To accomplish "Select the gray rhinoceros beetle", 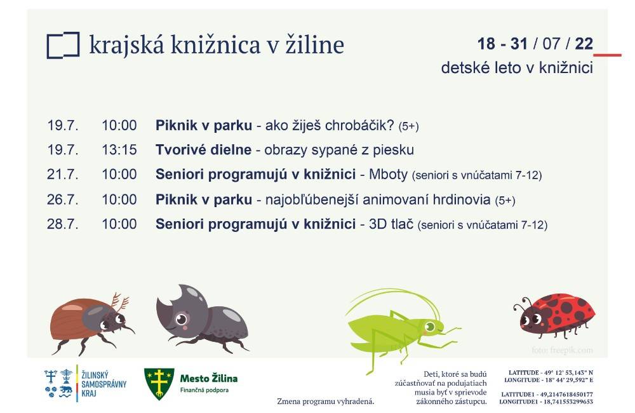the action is (x=201, y=319).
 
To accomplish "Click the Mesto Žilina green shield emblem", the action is (x=159, y=383).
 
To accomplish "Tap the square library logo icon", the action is (x=63, y=45).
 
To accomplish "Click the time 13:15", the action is (x=119, y=150).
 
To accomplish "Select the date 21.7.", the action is (x=63, y=174).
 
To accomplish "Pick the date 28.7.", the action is (x=63, y=224).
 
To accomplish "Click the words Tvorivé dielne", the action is (x=203, y=150).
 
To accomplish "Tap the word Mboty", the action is (x=389, y=174).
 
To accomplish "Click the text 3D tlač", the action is (x=391, y=224).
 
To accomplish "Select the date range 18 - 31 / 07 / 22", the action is (x=535, y=44).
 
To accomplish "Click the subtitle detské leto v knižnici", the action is (x=517, y=68).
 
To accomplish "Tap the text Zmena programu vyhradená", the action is (x=326, y=402).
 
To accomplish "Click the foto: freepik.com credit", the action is (x=563, y=350).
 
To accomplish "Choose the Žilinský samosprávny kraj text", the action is (x=104, y=383).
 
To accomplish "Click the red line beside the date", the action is (x=608, y=55).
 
